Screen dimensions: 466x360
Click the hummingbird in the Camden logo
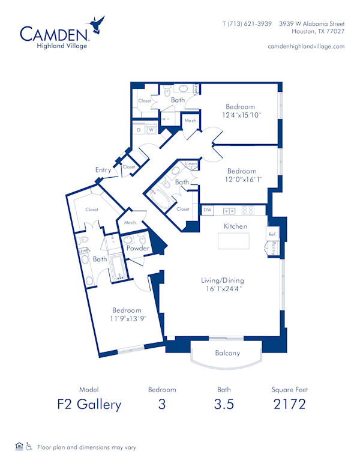click(97, 25)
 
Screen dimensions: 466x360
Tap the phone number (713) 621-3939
click(248, 25)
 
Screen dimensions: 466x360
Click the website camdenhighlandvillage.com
click(306, 46)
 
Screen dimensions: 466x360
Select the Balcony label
click(227, 353)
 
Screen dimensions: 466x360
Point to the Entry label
click(103, 170)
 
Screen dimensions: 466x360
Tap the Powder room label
click(137, 248)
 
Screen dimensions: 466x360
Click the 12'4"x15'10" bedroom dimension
click(240, 115)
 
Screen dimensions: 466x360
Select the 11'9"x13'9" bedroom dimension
click(126, 318)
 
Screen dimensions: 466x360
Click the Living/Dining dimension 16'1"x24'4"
click(223, 288)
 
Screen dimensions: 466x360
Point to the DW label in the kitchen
click(208, 210)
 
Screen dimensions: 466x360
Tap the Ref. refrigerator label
click(272, 234)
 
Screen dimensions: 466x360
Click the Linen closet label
click(191, 164)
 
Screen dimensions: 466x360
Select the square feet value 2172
click(289, 404)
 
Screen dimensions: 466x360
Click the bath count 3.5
click(224, 404)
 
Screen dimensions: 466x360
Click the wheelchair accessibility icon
click(28, 447)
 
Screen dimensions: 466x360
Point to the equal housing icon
click(19, 447)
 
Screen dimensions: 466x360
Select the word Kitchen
click(236, 226)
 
